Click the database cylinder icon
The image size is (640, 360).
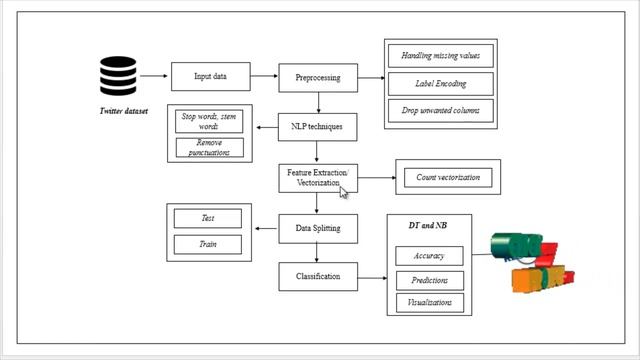pyautogui.click(x=117, y=77)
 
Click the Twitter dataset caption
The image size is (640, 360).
pyautogui.click(x=122, y=111)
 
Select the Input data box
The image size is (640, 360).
pyautogui.click(x=207, y=77)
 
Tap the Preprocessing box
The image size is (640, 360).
pyautogui.click(x=317, y=77)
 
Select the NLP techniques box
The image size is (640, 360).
pyautogui.click(x=317, y=127)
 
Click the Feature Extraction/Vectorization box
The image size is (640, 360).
pyautogui.click(x=317, y=178)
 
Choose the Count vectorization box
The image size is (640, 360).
pyautogui.click(x=447, y=178)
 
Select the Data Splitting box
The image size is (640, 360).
pyautogui.click(x=317, y=228)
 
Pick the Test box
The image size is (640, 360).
pyautogui.click(x=208, y=218)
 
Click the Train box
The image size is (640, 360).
pyautogui.click(x=208, y=244)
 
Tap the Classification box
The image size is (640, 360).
pyautogui.click(x=317, y=276)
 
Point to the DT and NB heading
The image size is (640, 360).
pyautogui.click(x=428, y=226)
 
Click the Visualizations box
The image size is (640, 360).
pyautogui.click(x=430, y=302)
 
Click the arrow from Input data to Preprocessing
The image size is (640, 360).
pyautogui.click(x=262, y=76)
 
